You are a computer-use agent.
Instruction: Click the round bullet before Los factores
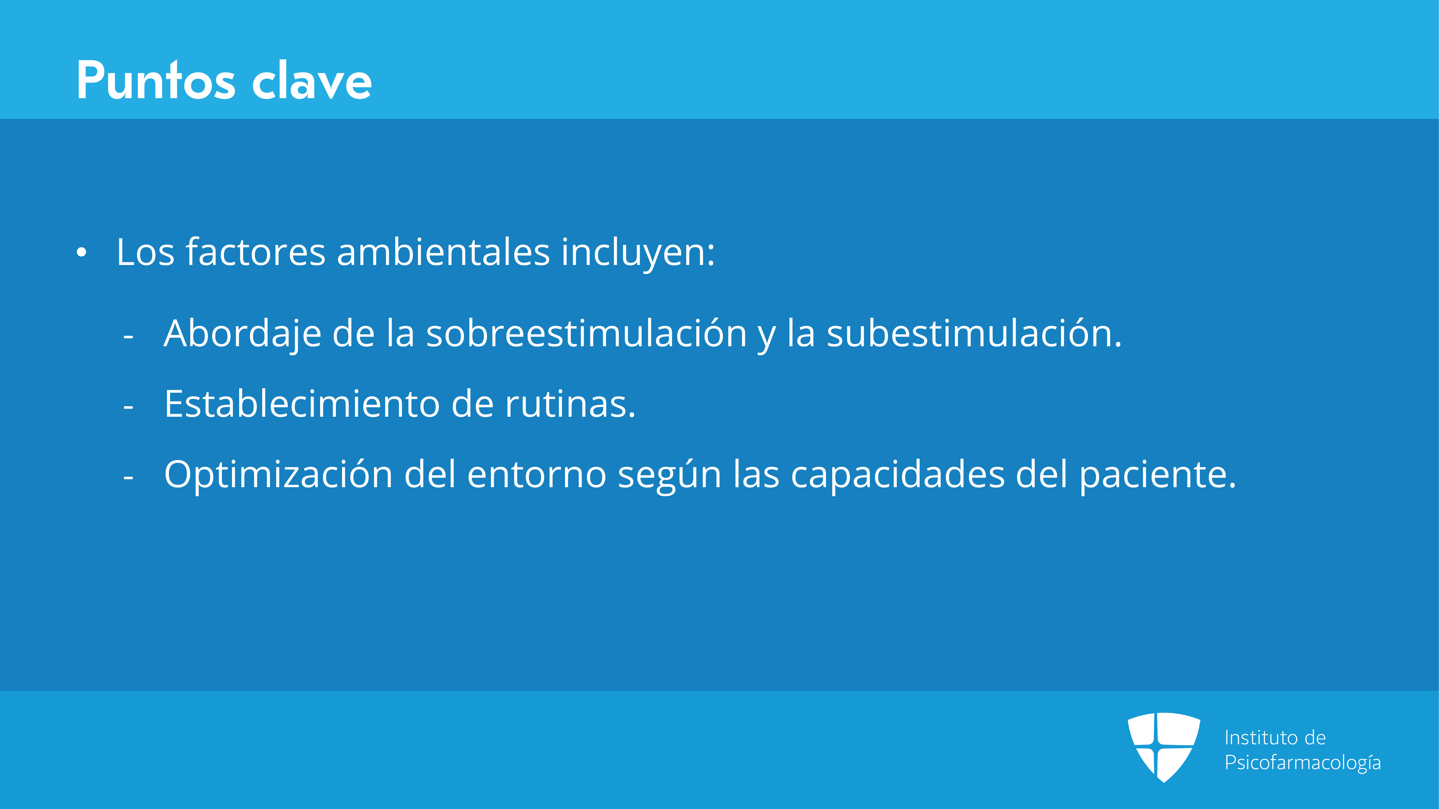pyautogui.click(x=82, y=253)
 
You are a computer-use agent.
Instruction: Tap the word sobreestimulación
pyautogui.click(x=587, y=333)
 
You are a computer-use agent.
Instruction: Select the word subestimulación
pyautogui.click(x=974, y=333)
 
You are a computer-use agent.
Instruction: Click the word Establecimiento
pyautogui.click(x=302, y=404)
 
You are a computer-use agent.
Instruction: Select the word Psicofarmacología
pyautogui.click(x=1303, y=763)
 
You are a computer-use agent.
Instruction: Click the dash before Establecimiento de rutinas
pyautogui.click(x=128, y=408)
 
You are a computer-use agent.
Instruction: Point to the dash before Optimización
pyautogui.click(x=128, y=479)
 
